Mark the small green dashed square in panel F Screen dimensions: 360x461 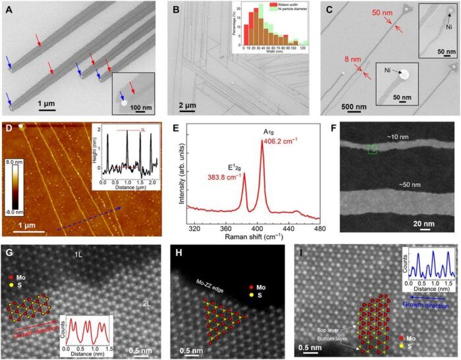click(372, 150)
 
